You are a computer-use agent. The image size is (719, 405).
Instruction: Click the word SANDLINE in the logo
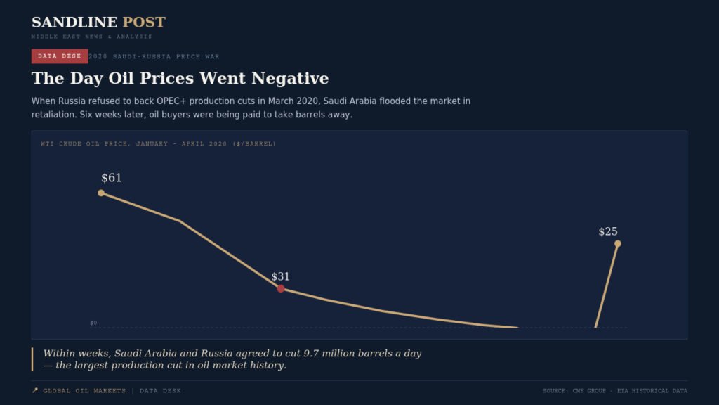[74, 22]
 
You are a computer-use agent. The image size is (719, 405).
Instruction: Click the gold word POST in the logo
[144, 22]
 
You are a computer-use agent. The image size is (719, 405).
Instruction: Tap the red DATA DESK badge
[60, 56]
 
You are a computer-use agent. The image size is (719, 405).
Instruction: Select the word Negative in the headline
[290, 78]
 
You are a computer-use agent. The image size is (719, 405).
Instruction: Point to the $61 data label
[112, 178]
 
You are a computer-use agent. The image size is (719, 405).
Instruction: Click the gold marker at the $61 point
[101, 193]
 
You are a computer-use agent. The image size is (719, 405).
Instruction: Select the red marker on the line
[281, 288]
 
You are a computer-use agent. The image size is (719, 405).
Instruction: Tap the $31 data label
[280, 276]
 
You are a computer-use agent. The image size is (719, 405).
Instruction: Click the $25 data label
[608, 231]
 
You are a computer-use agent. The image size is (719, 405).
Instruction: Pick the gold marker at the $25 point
[618, 243]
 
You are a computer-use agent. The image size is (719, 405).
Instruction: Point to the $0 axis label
[93, 323]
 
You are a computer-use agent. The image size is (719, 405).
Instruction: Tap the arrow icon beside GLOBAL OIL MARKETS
[35, 390]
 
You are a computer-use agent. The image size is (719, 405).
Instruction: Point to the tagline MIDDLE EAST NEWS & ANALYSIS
[92, 37]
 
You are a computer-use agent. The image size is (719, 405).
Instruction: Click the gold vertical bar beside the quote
[32, 359]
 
